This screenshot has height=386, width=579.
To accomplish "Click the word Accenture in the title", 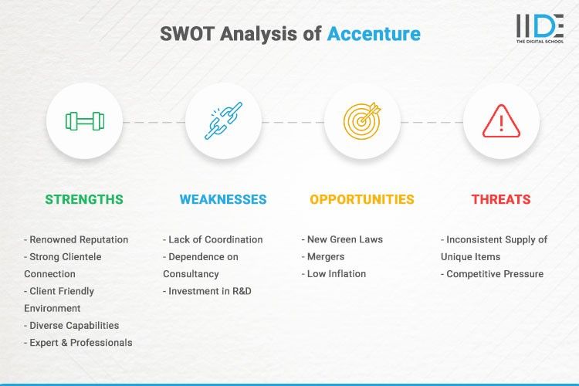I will [x=374, y=34].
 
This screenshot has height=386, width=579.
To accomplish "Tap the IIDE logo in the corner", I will [x=540, y=28].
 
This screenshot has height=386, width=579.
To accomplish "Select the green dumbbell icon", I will [x=84, y=121].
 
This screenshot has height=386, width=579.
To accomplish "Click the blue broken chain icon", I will [x=223, y=121].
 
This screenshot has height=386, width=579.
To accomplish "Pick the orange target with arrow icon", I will [x=362, y=121].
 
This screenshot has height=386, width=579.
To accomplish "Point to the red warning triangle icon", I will [x=501, y=121].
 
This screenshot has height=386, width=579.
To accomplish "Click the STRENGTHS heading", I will [x=84, y=199].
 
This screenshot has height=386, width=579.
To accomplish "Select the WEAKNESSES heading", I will [x=223, y=199].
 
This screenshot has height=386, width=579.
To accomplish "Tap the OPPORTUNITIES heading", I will [x=362, y=199].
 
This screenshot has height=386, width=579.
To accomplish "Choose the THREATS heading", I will [x=501, y=199].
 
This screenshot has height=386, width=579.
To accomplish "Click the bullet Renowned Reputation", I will [x=76, y=239].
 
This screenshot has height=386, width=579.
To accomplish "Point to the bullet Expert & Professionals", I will [x=78, y=342].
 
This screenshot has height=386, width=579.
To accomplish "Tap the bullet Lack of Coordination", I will [x=213, y=239].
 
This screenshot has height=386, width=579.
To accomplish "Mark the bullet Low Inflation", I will [x=334, y=273].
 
